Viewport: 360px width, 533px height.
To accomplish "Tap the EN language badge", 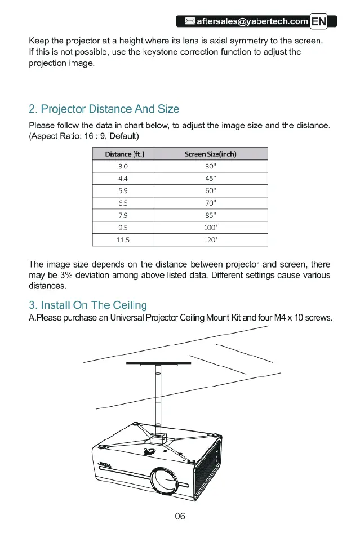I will coord(319,22).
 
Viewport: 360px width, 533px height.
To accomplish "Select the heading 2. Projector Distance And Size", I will coord(104,109).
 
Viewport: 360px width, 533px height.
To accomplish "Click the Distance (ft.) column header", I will coord(123,154).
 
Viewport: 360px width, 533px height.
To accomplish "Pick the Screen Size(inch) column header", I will coord(210,154).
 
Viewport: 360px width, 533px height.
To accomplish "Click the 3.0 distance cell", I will coord(123,166).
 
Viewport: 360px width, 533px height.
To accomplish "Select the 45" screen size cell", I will coord(210,179).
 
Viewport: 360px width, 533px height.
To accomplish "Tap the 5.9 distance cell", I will coord(123,191).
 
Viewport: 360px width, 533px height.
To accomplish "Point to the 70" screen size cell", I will coord(210,203).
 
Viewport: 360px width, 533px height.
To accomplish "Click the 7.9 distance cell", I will coord(123,215).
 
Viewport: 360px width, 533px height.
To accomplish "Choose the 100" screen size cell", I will coord(210,228).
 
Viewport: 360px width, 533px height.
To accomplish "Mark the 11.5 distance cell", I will coord(123,240).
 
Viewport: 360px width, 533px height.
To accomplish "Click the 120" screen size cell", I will coord(210,240).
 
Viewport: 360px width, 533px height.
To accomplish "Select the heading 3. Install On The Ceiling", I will coord(87,305).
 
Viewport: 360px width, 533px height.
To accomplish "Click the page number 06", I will coord(180,516).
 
